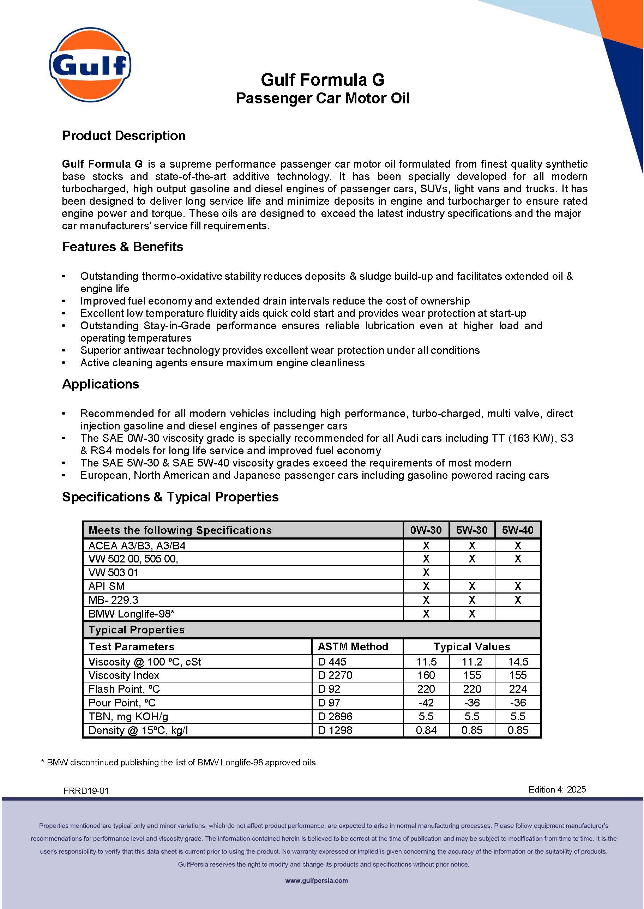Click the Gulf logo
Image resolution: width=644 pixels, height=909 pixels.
point(90,65)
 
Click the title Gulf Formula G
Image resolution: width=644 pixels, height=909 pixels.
point(323,80)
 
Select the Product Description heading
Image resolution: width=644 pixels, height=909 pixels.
point(124,136)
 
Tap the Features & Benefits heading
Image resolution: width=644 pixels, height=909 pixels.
point(122,247)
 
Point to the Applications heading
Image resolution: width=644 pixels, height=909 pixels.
point(101,384)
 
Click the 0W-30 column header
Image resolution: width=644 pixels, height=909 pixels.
point(426,530)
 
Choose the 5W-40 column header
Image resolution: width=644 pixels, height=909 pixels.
point(518,530)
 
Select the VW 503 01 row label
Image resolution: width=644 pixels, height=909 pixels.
point(113,572)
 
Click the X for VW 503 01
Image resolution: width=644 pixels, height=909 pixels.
point(426,572)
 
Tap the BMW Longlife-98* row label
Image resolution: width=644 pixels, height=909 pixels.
point(131,614)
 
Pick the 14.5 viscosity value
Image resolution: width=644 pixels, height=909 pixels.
point(518,662)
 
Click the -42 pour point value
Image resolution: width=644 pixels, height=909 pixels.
point(426,703)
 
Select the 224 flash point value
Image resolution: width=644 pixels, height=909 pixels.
point(518,689)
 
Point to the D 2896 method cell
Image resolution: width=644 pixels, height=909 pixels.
point(335,716)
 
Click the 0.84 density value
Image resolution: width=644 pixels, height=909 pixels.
point(426,730)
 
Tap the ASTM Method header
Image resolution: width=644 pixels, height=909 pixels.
point(353,647)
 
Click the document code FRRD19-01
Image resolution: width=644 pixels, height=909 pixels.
point(86,791)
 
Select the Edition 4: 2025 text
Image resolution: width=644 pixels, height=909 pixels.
point(557,790)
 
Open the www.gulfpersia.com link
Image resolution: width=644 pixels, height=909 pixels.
point(317,881)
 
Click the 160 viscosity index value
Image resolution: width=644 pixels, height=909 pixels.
point(426,675)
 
